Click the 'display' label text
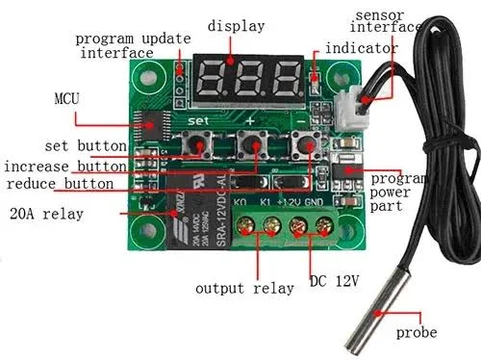click(235, 26)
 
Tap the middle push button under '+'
click(253, 146)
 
